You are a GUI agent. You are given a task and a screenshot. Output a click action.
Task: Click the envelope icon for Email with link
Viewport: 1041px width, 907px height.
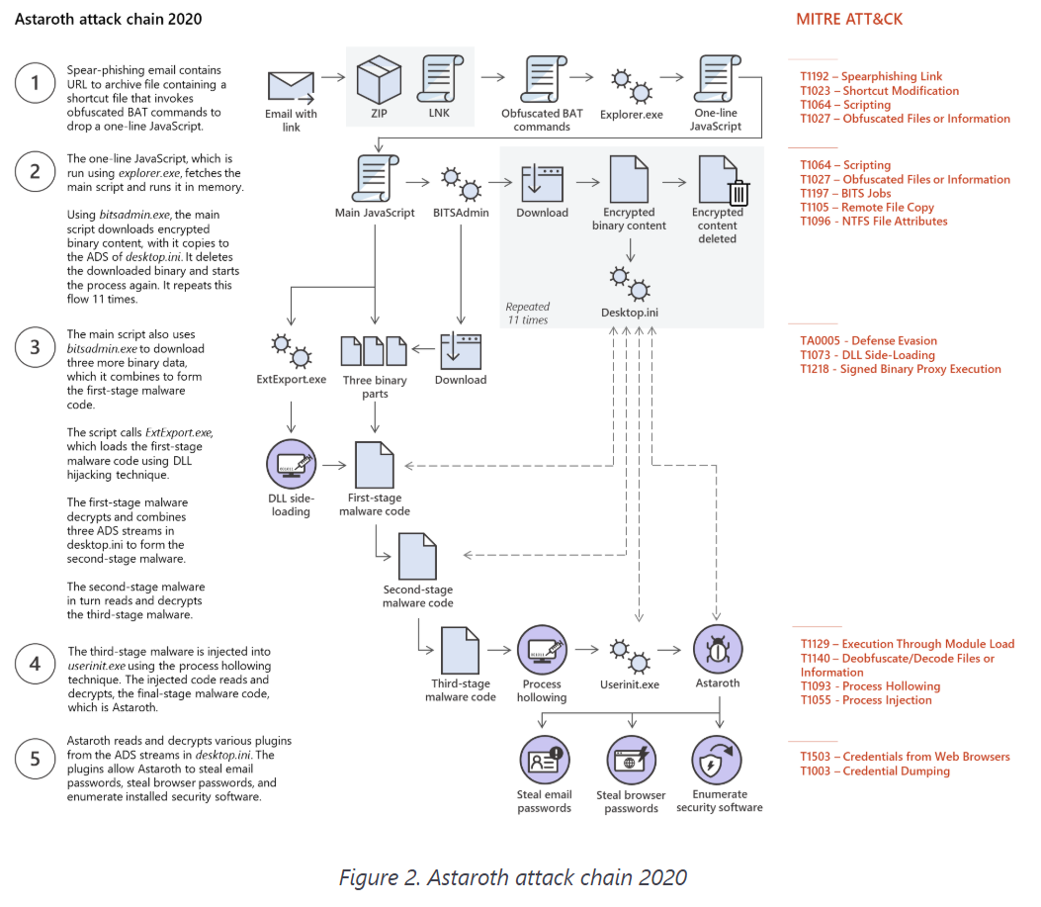[291, 86]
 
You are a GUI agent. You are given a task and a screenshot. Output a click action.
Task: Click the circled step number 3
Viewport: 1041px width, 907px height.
[36, 347]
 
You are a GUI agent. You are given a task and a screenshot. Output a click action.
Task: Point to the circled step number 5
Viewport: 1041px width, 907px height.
[36, 760]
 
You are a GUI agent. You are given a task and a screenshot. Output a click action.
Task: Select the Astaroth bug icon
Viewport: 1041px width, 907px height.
[719, 649]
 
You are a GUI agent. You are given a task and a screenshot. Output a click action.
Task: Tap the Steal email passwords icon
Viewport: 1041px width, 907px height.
[544, 760]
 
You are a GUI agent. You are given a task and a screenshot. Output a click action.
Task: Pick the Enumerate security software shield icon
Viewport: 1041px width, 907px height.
[719, 760]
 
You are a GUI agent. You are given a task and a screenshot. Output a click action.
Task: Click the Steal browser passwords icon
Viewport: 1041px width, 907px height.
[631, 760]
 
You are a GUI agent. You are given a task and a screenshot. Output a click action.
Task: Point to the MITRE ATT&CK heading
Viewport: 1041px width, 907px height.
[849, 19]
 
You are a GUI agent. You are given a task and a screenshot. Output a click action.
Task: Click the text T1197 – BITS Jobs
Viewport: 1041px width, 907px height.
[846, 194]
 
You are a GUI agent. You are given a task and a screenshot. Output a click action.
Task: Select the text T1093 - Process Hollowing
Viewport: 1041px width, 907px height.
[870, 686]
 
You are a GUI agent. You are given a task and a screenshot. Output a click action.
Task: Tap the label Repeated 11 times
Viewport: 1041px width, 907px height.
[528, 314]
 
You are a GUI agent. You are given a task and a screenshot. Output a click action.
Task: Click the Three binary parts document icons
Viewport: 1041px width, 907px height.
[374, 350]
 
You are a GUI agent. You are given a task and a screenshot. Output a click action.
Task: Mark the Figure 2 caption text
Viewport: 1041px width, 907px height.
[512, 876]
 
